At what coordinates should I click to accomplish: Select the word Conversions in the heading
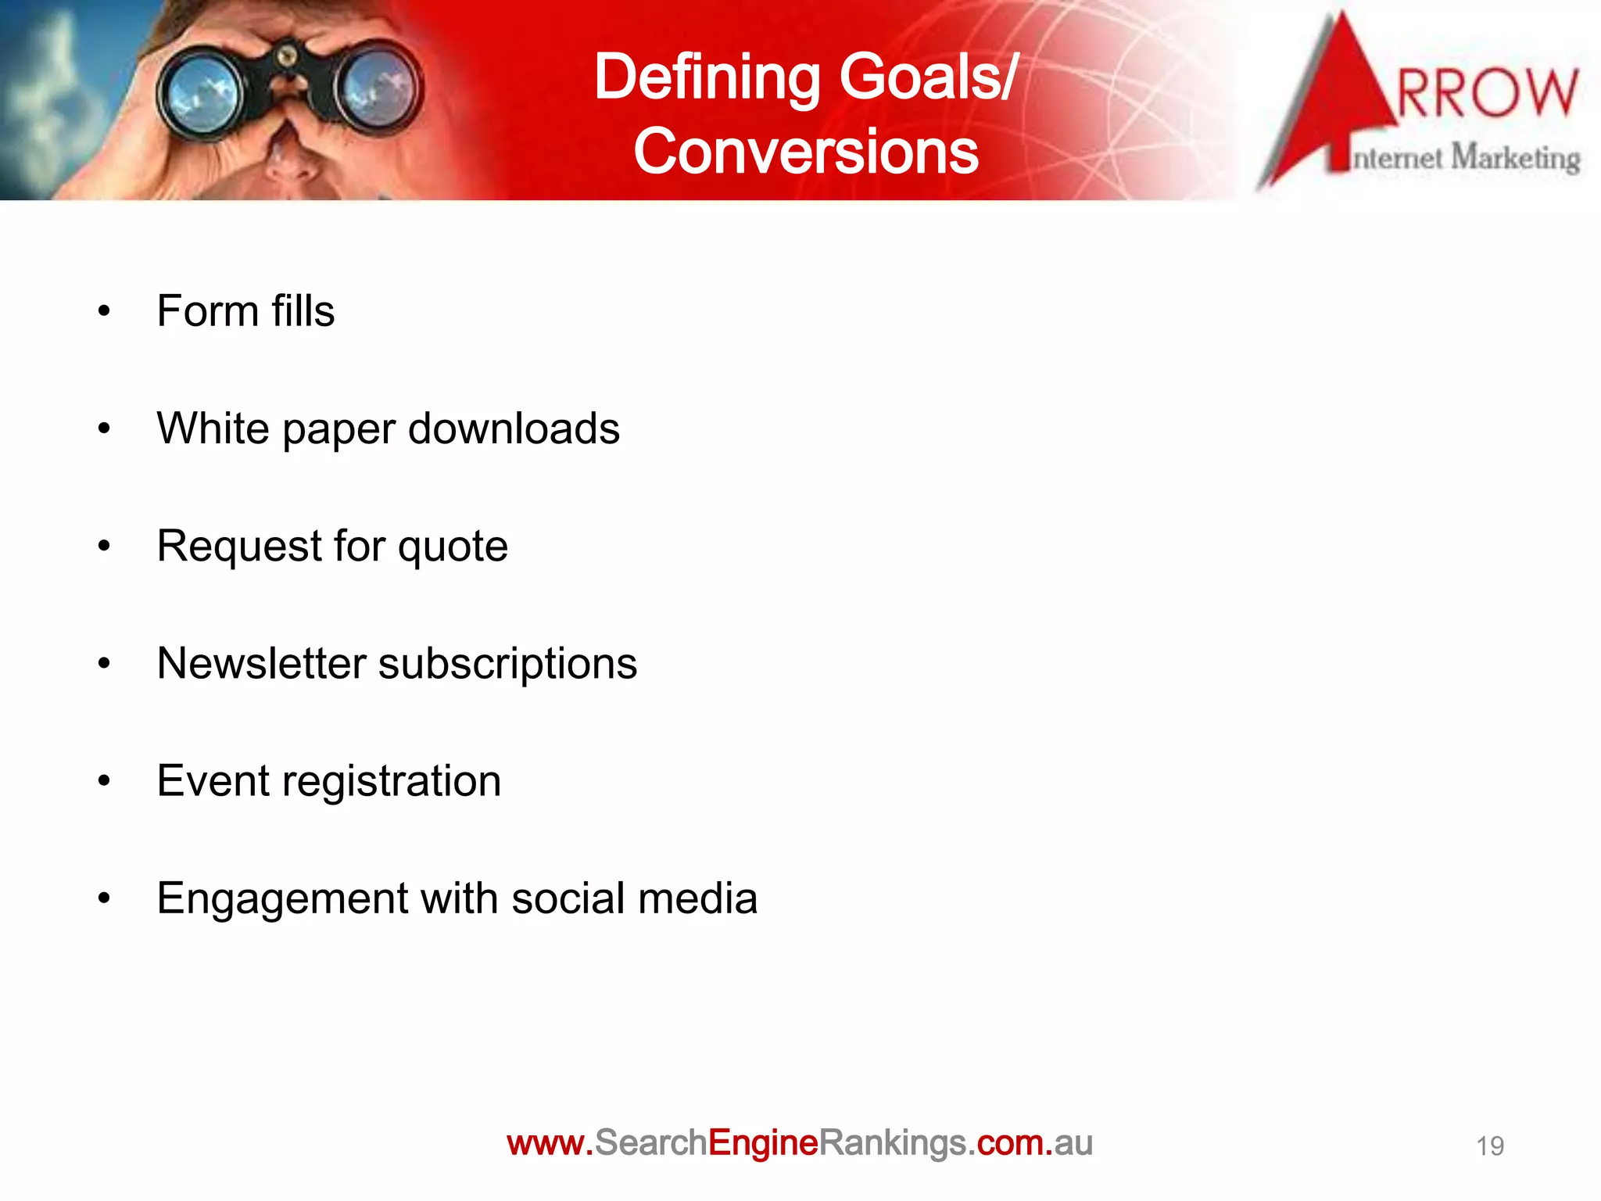(x=805, y=152)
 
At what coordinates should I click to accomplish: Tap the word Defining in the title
(x=707, y=78)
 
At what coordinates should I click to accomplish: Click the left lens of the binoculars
(x=200, y=98)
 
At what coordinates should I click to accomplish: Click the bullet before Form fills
(x=104, y=312)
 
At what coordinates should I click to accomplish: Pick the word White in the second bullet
(x=213, y=428)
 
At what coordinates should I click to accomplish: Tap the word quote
(x=453, y=547)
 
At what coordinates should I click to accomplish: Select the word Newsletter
(x=261, y=664)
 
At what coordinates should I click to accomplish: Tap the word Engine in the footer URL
(x=763, y=1143)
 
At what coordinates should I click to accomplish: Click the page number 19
(x=1489, y=1146)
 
